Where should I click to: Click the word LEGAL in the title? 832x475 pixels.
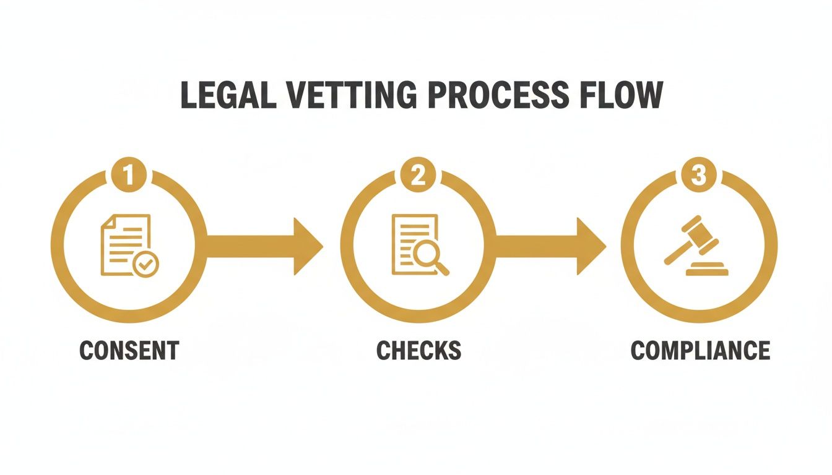click(229, 96)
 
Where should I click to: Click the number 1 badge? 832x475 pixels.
click(128, 176)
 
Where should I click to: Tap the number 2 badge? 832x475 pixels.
click(418, 176)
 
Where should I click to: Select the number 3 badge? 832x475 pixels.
click(698, 176)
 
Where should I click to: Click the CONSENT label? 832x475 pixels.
click(129, 350)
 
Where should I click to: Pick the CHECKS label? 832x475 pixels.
click(418, 350)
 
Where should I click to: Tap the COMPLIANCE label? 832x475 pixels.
click(700, 350)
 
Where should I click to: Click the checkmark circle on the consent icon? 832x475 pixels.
click(146, 265)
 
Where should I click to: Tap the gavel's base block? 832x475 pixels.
click(704, 270)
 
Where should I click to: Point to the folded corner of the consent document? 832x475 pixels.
click(106, 220)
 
